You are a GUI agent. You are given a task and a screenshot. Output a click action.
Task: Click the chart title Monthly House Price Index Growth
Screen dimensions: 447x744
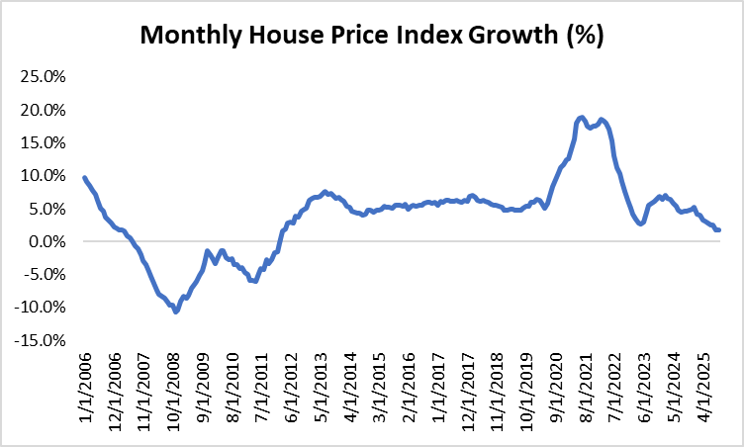click(371, 36)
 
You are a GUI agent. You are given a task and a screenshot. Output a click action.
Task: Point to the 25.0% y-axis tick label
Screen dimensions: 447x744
click(41, 76)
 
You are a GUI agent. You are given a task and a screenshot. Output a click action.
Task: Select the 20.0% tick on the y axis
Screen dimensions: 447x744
click(41, 110)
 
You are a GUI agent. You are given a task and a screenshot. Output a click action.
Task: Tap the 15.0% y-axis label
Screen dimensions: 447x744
click(41, 142)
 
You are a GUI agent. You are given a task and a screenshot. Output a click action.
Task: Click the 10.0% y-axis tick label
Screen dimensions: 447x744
click(41, 176)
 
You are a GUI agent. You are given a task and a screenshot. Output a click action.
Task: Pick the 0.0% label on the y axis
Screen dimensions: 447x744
click(45, 241)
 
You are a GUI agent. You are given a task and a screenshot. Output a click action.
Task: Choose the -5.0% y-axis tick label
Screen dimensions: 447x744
click(43, 275)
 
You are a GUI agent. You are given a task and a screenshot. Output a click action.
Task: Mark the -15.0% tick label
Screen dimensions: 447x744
click(39, 341)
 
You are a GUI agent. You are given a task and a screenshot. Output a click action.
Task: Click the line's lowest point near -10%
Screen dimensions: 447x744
click(176, 312)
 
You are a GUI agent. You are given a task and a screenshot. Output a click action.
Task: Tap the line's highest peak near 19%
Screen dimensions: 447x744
click(582, 118)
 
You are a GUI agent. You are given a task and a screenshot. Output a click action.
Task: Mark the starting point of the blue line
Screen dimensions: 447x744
click(84, 178)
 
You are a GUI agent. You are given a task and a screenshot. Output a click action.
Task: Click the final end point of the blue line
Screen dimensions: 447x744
click(718, 229)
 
